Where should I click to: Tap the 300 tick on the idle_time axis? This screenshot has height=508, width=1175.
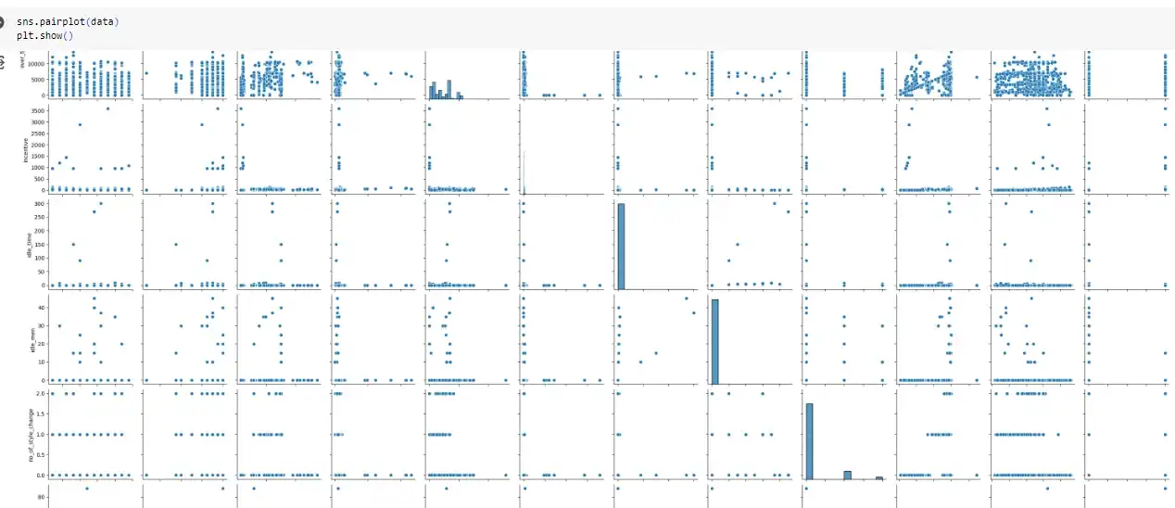[x=35, y=203]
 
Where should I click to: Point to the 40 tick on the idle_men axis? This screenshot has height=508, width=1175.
[x=38, y=307]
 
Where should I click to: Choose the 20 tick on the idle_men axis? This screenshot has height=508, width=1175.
[x=38, y=343]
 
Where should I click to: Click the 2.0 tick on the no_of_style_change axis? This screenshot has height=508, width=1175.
[x=36, y=393]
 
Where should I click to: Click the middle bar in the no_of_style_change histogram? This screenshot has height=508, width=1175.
[x=846, y=474]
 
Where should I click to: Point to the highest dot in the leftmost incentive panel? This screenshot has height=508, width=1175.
[x=108, y=108]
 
